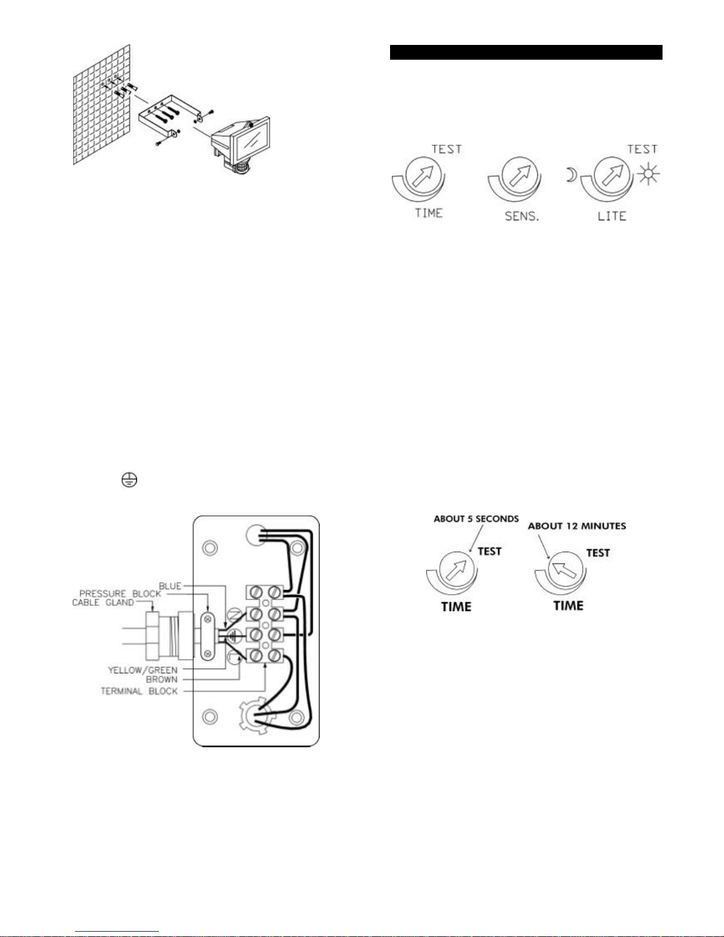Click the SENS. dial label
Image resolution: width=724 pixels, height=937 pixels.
pos(522,216)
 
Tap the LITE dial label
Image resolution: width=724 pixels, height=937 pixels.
pos(612,216)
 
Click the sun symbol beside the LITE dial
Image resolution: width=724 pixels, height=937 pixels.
pos(648,174)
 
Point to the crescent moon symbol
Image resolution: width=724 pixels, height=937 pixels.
pos(571,174)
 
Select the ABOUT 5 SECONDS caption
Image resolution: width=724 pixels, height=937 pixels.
pos(476,518)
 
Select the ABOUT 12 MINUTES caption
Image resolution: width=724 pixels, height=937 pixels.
pos(577,526)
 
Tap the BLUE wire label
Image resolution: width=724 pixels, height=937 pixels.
pos(170,586)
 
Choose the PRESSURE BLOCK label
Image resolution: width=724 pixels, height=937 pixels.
pos(120,594)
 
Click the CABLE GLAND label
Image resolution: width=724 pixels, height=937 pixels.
pos(103,602)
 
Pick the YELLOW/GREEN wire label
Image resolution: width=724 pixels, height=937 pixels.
pos(142,670)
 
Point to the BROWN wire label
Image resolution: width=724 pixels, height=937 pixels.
pos(161,680)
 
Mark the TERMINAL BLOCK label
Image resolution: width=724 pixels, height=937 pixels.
pos(139,691)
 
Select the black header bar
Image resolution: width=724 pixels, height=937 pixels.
pos(526,52)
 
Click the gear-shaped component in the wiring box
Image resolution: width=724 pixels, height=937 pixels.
pos(258,716)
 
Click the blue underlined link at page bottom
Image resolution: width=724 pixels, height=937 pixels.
pos(117,932)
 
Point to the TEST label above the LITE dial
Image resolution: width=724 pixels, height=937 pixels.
pos(642,149)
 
